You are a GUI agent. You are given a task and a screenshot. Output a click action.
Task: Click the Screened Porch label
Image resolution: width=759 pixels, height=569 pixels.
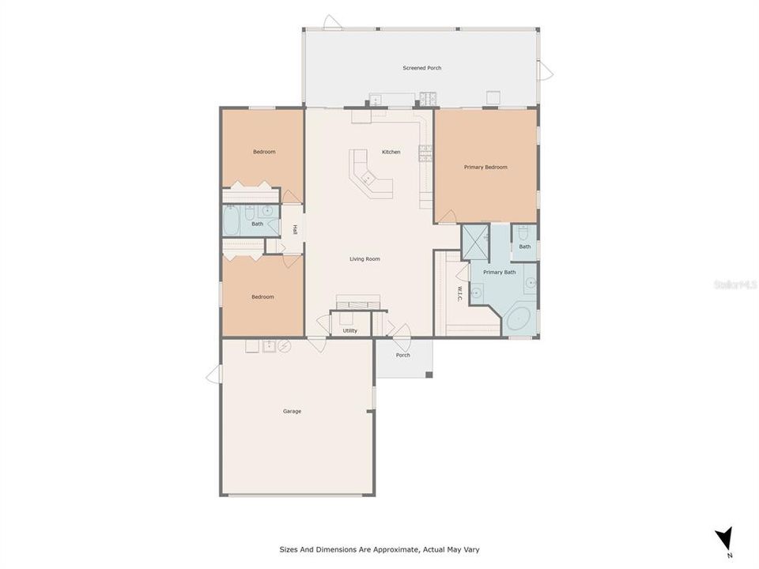click(x=422, y=68)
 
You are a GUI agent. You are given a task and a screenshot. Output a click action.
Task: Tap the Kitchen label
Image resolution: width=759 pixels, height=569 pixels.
click(x=391, y=152)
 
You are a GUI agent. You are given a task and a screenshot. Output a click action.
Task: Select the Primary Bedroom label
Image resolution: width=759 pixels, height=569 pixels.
click(x=485, y=167)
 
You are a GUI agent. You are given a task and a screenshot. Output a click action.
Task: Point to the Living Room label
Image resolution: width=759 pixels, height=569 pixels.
click(x=365, y=258)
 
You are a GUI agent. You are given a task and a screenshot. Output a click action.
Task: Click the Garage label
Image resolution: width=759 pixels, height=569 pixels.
click(x=292, y=411)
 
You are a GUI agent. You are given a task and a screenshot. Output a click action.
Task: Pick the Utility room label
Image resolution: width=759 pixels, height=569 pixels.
click(x=350, y=330)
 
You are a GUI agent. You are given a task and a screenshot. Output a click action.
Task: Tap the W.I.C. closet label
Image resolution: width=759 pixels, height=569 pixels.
click(x=459, y=293)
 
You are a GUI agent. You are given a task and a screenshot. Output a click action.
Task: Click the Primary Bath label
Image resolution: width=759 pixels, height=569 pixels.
click(x=500, y=272)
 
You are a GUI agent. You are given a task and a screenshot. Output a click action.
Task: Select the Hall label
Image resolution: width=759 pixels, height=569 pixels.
click(x=295, y=230)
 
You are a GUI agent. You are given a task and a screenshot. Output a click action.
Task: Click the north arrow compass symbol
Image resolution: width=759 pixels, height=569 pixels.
click(x=723, y=539)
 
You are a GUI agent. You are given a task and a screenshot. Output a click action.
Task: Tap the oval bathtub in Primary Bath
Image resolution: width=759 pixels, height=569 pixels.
click(x=519, y=319)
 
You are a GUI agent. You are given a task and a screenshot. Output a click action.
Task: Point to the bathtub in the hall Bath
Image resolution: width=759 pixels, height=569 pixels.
click(x=232, y=222)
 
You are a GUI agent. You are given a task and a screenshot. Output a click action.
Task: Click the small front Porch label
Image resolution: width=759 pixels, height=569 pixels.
click(x=403, y=355)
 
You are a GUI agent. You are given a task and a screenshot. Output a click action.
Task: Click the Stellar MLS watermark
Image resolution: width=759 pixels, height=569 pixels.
click(x=735, y=284)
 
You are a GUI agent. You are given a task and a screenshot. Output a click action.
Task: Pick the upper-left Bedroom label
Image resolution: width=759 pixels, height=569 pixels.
click(x=264, y=152)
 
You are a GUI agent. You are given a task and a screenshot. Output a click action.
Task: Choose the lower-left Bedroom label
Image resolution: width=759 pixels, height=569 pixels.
click(x=262, y=296)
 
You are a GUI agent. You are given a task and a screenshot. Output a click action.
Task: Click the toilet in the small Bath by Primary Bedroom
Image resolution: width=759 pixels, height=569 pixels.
click(x=523, y=234)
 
